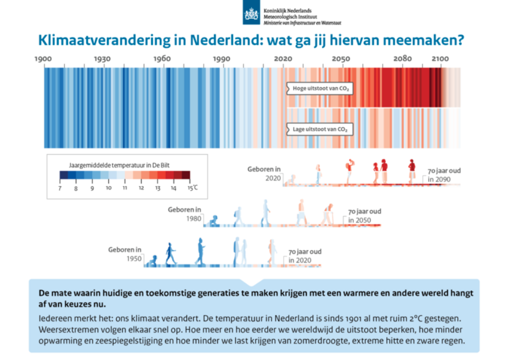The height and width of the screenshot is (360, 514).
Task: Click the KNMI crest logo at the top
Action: (251, 13)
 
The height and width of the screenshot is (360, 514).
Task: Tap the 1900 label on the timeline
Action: (43, 59)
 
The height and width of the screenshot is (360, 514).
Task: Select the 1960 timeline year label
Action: (162, 59)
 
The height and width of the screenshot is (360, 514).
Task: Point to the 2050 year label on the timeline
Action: (341, 59)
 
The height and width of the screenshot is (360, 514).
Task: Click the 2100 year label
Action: (440, 59)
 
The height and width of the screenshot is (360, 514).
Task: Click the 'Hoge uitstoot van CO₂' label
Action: (320, 88)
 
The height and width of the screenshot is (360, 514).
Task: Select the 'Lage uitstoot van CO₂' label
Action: (320, 129)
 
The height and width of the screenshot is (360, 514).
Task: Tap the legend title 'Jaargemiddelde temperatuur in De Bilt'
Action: (120, 165)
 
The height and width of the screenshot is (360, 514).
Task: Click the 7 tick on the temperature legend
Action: (60, 188)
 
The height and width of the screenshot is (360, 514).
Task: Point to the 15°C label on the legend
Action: (193, 188)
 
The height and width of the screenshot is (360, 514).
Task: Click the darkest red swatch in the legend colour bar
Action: (186, 175)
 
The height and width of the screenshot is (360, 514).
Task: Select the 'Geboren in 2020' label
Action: (264, 174)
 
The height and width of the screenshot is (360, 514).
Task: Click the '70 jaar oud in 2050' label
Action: (365, 216)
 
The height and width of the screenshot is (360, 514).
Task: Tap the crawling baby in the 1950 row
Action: (152, 261)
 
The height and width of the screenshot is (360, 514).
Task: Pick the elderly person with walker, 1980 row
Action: (327, 215)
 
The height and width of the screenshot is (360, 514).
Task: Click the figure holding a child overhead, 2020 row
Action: (349, 171)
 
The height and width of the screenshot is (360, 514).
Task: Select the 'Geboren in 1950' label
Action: (125, 254)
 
